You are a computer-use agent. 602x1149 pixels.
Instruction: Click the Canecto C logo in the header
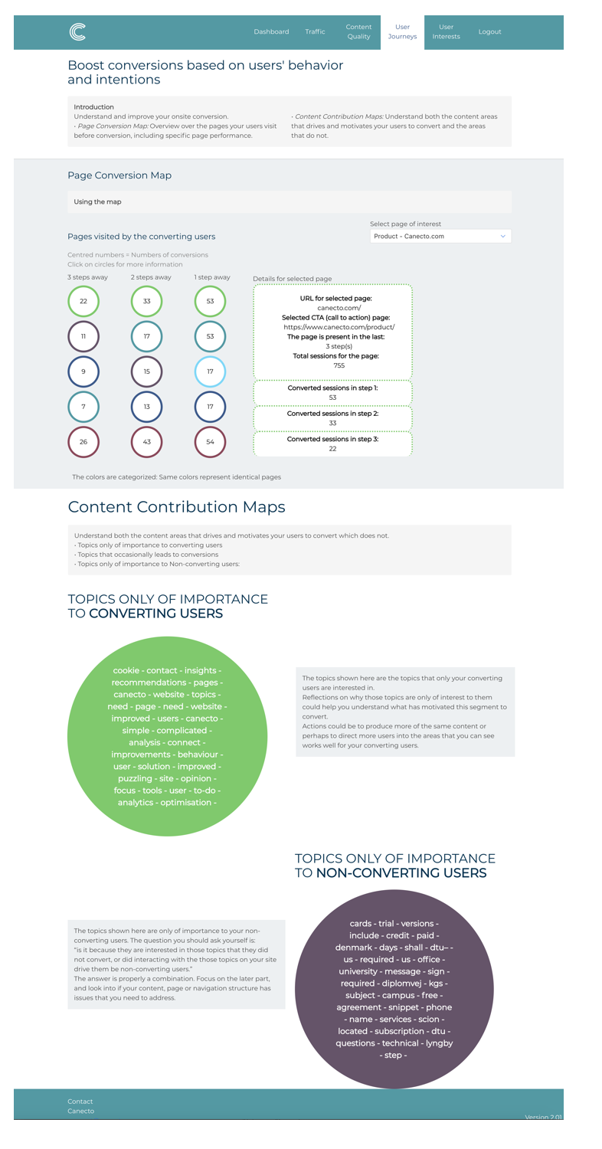click(77, 31)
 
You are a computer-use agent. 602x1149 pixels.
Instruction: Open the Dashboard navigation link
click(271, 32)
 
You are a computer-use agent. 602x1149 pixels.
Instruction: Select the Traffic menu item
click(315, 32)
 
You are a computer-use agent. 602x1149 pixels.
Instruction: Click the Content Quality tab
click(358, 31)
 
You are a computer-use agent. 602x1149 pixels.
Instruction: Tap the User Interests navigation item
click(446, 31)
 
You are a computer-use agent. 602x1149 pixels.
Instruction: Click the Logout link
click(489, 32)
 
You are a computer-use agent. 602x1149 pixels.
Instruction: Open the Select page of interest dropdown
click(440, 237)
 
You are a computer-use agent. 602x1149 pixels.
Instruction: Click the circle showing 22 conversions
click(83, 301)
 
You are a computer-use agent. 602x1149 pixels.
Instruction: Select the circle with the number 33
click(146, 301)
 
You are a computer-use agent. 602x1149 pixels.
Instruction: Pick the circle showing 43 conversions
click(146, 442)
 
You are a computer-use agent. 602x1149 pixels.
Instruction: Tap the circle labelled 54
click(210, 442)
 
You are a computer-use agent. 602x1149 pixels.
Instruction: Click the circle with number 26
click(83, 442)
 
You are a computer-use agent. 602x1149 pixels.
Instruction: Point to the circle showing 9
click(83, 372)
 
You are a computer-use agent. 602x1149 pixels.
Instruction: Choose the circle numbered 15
click(146, 372)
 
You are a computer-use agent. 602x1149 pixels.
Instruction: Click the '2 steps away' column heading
click(151, 277)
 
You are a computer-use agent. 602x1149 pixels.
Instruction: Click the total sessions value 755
click(333, 366)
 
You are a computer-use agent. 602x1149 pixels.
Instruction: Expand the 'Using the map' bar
click(289, 202)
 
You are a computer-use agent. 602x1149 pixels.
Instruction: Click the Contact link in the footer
click(80, 1102)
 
